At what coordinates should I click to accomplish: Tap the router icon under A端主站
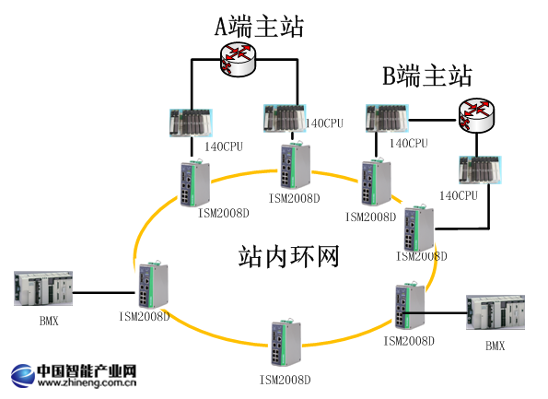[239, 61]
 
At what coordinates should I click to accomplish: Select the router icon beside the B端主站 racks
[477, 116]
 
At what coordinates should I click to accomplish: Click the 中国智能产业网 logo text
[87, 371]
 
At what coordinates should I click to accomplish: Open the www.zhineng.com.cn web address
[87, 388]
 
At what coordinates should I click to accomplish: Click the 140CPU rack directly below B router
[476, 172]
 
